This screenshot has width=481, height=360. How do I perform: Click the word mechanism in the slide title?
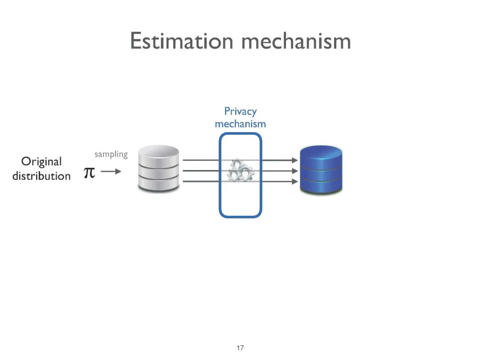pyautogui.click(x=296, y=41)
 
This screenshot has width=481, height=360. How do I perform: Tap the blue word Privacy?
pyautogui.click(x=240, y=111)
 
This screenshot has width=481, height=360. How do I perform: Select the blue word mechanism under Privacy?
pyautogui.click(x=240, y=124)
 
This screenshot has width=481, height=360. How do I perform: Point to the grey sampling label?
pyautogui.click(x=111, y=154)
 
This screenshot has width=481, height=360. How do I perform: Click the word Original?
pyautogui.click(x=41, y=161)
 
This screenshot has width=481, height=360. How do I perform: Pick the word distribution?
pyautogui.click(x=41, y=176)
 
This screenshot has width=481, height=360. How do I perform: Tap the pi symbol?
pyautogui.click(x=90, y=173)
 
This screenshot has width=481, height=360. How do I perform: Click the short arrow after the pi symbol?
pyautogui.click(x=111, y=171)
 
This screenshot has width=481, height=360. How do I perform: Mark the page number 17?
pyautogui.click(x=240, y=348)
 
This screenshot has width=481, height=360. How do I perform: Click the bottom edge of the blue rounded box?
pyautogui.click(x=240, y=217)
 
